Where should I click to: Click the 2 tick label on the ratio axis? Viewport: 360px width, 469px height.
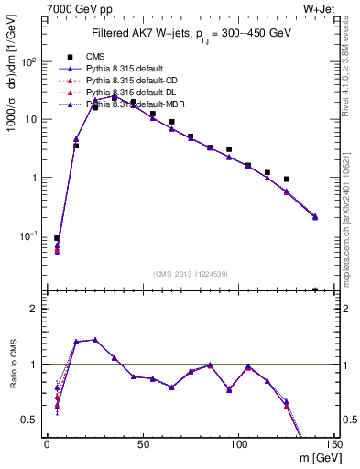(37, 309)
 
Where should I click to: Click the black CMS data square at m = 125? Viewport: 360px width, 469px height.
(287, 180)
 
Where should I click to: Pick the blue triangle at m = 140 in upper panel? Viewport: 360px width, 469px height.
(315, 216)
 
